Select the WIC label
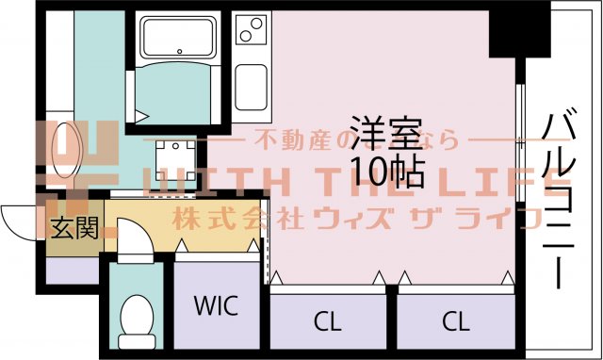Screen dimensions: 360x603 pos(216,306)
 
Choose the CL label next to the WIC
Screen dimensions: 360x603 pos(327,321)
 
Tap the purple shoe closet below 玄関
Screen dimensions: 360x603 pos(72,269)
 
